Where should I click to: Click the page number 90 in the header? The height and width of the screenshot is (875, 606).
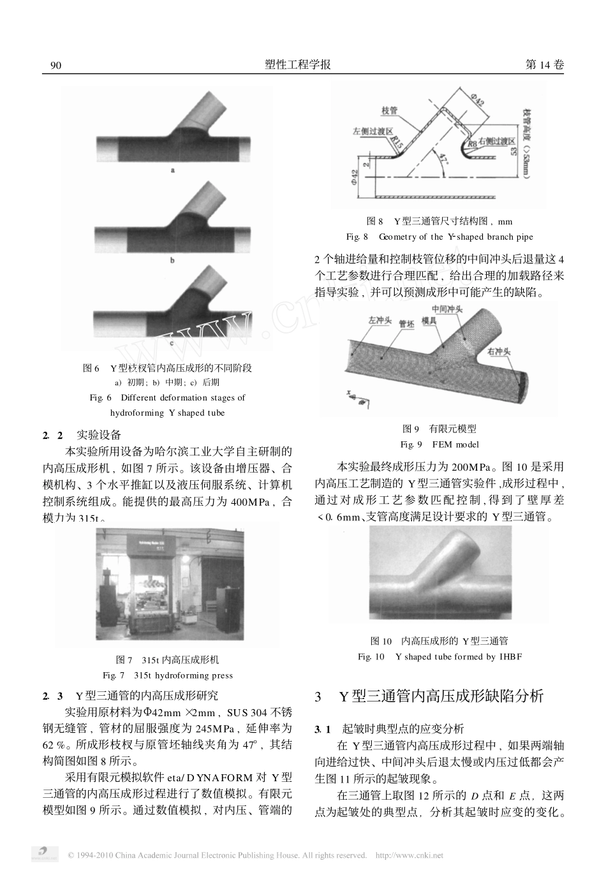pos(55,66)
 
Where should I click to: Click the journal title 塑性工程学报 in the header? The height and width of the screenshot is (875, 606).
pos(297,65)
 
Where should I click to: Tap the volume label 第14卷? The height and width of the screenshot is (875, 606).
pos(543,65)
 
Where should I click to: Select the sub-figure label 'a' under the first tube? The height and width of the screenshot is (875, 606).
pos(173,170)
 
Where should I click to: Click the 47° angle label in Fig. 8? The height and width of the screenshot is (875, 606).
pos(444,158)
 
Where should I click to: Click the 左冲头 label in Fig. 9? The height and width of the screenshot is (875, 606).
pos(380,320)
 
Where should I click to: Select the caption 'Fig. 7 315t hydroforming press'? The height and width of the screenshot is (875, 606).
pos(168,675)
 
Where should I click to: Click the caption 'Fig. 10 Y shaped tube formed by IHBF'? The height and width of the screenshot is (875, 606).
pos(440,656)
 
